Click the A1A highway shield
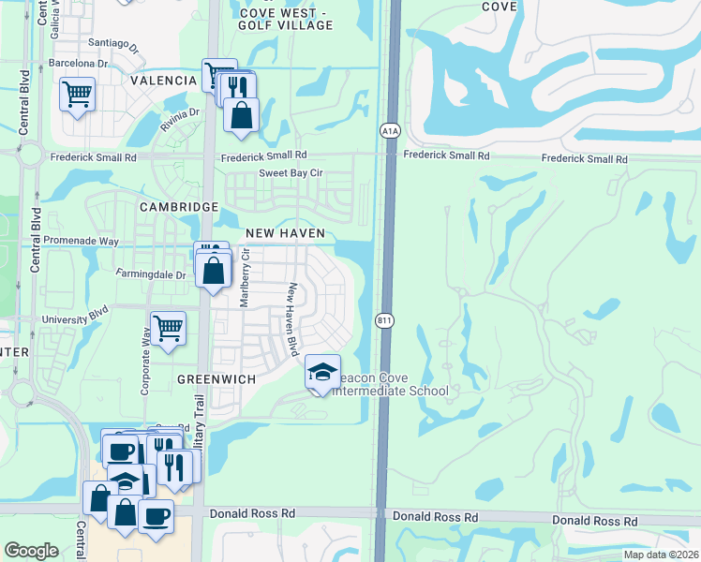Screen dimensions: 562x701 pos(390,131)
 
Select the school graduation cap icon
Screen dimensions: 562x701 pos(322,373)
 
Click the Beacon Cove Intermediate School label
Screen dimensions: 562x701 pos(393,384)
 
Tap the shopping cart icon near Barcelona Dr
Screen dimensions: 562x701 pos(77,93)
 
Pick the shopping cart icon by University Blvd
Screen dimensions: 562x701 pos(168,329)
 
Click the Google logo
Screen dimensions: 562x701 pos(31,551)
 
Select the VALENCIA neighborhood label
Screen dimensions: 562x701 pos(163,81)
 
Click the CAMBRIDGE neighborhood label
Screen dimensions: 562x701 pos(179,206)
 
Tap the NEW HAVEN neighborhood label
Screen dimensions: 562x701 pos(285,232)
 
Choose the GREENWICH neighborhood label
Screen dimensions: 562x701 pos(217,379)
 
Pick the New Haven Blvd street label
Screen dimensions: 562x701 pos(292,319)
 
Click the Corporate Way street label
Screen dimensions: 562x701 pos(145,362)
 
